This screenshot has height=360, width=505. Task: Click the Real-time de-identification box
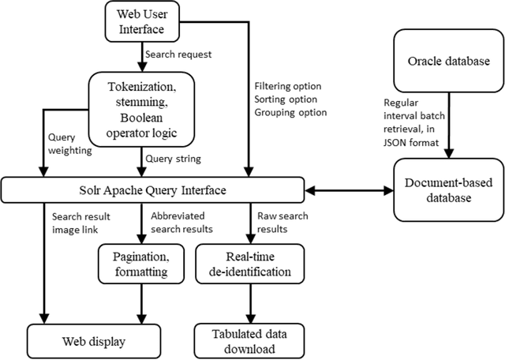tap(251, 264)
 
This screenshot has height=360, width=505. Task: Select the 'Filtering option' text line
tap(289, 87)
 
